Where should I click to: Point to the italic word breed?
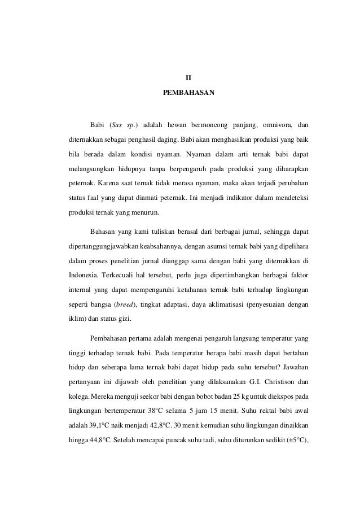point(126,305)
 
